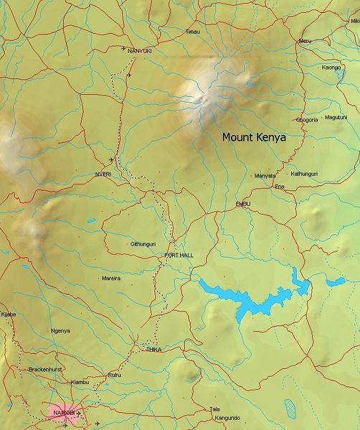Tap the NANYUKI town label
coord(139,51)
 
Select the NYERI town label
coord(104,174)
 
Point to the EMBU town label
coord(242,205)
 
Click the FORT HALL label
coord(179,255)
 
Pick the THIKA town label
coord(153,349)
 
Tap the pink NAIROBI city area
coord(63,413)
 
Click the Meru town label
coord(305,41)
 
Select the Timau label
coord(192,32)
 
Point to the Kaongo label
coord(331,67)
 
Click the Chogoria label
coord(306,120)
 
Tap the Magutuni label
coord(336,117)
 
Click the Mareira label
coord(111,277)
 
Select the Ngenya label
coord(61,330)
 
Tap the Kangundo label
coord(227,417)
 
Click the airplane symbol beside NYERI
coord(111,159)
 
